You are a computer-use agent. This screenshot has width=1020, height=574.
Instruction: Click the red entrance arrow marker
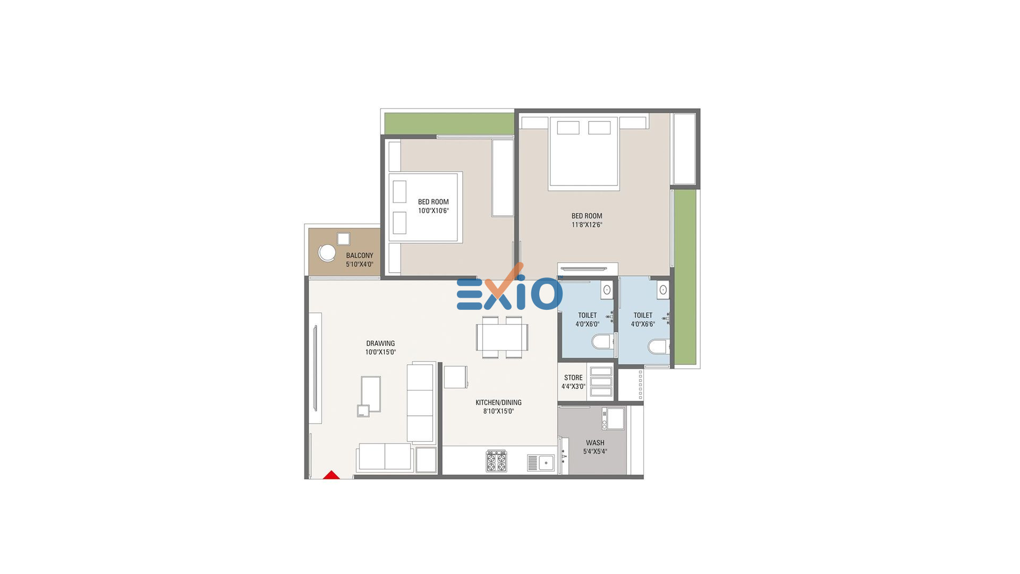click(331, 475)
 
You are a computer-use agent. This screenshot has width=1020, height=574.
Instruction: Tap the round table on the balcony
click(327, 253)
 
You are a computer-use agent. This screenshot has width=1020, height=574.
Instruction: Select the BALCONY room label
click(360, 256)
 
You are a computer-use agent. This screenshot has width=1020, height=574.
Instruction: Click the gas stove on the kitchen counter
click(497, 461)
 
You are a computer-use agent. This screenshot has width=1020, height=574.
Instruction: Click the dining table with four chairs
click(502, 337)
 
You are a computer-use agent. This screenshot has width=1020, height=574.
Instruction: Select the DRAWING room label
click(380, 343)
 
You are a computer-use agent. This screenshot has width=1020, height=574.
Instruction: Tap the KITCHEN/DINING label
click(498, 402)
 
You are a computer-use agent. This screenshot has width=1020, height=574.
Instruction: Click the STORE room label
click(573, 378)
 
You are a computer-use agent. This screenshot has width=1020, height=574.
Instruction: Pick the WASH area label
click(595, 443)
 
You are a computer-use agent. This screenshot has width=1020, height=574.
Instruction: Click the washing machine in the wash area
click(613, 419)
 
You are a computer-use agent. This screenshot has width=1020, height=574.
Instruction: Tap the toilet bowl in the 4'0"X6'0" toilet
click(602, 341)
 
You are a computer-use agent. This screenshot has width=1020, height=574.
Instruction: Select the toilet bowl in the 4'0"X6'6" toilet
click(658, 347)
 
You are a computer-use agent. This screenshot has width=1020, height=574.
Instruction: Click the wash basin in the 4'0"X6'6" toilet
click(662, 290)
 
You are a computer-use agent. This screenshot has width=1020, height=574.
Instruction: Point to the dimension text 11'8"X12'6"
click(586, 225)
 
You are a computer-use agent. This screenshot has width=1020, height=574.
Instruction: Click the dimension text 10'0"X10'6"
click(433, 211)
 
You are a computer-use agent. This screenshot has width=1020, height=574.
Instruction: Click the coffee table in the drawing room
click(371, 394)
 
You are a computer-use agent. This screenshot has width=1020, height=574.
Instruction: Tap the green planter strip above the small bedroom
click(449, 123)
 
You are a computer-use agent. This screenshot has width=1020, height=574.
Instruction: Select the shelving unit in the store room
click(601, 382)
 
